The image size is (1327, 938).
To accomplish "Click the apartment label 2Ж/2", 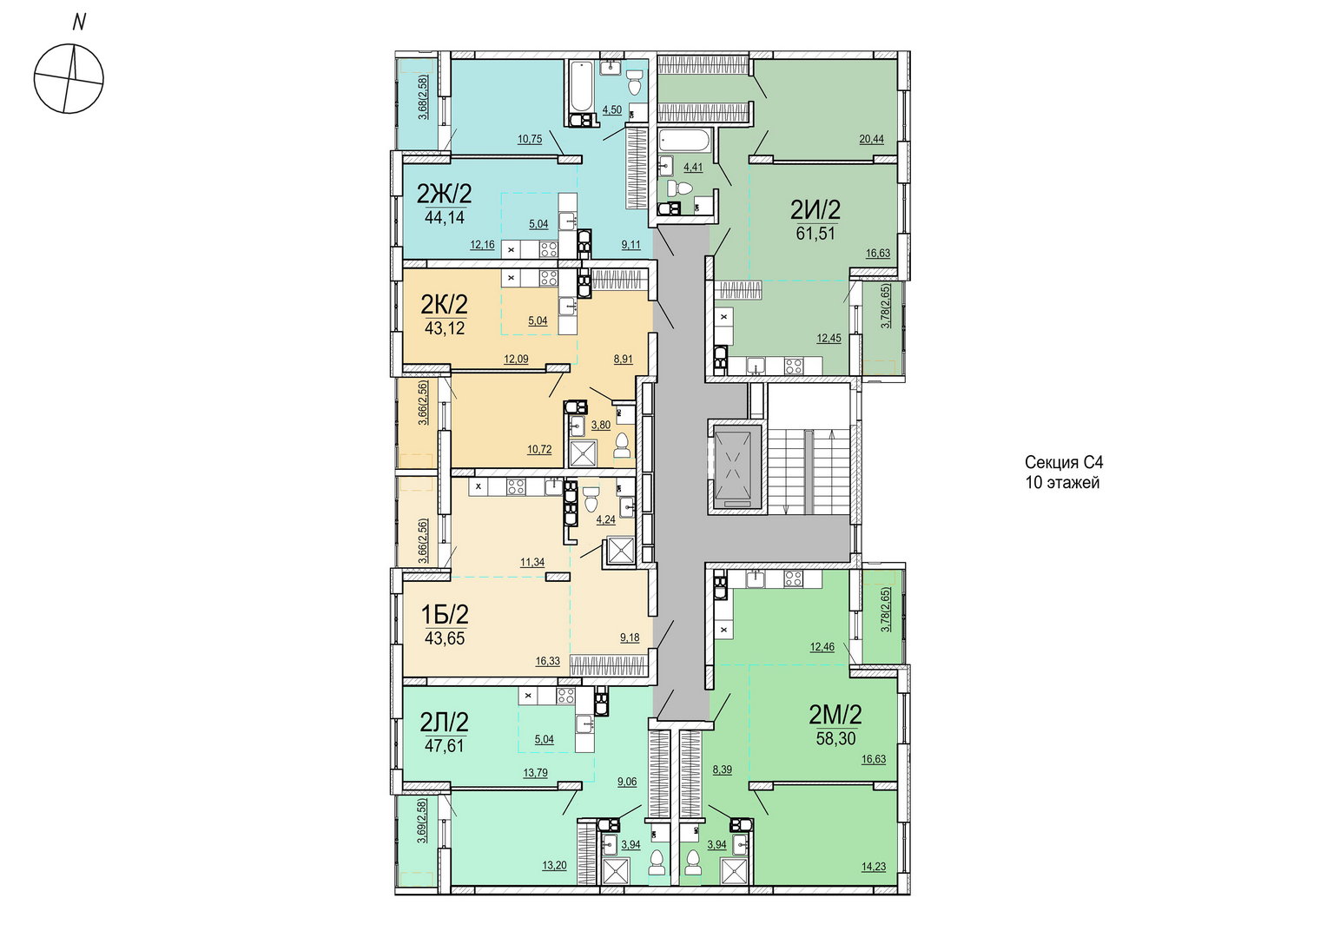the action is [x=445, y=193].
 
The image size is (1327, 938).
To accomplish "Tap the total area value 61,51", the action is [x=815, y=234].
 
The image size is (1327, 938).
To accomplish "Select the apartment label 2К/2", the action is [x=445, y=305].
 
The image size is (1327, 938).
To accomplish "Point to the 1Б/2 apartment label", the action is [x=445, y=614].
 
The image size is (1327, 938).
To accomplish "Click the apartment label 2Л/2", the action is [x=445, y=723].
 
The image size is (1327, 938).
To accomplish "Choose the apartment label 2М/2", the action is [x=835, y=716].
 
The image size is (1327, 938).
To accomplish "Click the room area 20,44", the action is [x=871, y=139].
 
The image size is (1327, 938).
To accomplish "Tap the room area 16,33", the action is [x=547, y=661].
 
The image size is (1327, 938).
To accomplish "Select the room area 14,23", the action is [x=874, y=866].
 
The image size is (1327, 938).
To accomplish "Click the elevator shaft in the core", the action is [x=734, y=466].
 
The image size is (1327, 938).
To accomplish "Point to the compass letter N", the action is [x=79, y=23].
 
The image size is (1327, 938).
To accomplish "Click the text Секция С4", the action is [x=1064, y=462].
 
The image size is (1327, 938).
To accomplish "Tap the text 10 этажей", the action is [x=1062, y=482].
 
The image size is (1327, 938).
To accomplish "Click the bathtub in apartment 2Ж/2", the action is [x=581, y=87].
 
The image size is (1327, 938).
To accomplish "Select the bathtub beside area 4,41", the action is [x=683, y=142].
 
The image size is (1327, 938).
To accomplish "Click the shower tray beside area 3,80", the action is [x=584, y=454].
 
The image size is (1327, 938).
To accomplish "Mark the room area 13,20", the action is [x=554, y=866].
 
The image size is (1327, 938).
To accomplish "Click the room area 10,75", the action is [x=530, y=139].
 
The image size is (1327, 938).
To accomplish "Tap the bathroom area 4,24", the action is [x=605, y=519].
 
